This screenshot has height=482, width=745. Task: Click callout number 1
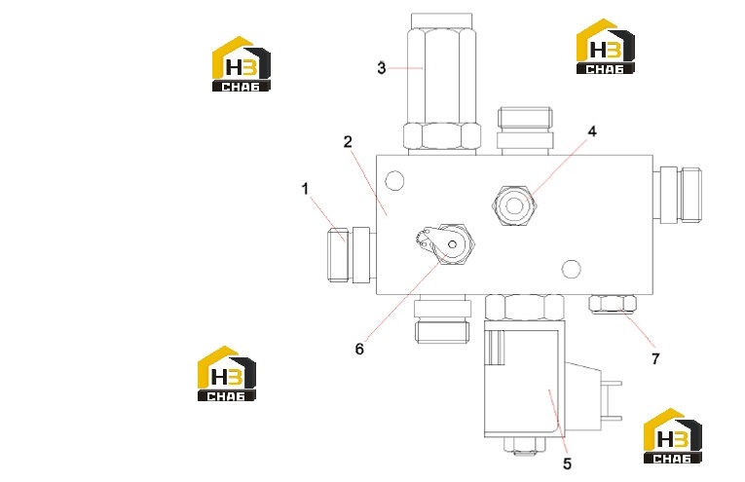point(305,189)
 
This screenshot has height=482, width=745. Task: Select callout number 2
point(349,142)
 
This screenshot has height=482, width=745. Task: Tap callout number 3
point(382,68)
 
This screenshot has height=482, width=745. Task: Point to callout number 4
point(592,131)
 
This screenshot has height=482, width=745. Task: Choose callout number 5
point(567,463)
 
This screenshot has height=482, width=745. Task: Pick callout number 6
point(359,349)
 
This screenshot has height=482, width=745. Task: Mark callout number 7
point(655,358)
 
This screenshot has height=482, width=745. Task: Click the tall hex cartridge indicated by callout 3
point(442,84)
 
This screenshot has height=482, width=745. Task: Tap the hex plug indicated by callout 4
point(513,205)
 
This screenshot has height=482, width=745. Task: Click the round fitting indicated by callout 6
point(447,244)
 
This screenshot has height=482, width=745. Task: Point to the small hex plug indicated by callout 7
point(613,305)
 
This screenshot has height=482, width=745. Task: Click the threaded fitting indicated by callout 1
point(350,254)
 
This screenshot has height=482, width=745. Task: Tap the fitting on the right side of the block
point(677,195)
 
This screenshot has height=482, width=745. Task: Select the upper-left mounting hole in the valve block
point(394,181)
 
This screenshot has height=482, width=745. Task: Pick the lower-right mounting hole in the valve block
point(571,270)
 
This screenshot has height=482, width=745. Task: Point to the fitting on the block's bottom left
point(442,318)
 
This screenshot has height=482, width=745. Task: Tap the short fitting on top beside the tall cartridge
point(525,131)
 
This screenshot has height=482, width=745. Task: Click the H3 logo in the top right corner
point(606,47)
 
